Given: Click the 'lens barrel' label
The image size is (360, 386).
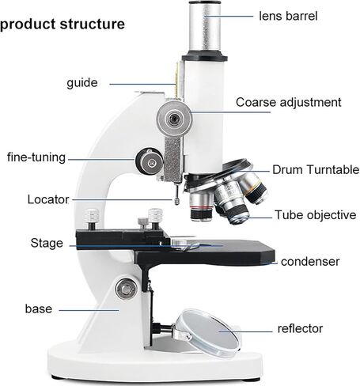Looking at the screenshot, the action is tap(288, 16).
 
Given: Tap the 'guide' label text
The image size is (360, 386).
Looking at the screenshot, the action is tap(82, 83).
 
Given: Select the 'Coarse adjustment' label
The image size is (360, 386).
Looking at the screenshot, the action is tap(289, 102).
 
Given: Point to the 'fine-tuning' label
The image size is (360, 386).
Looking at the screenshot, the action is tap(36, 157).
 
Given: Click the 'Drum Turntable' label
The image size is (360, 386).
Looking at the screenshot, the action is tap(316, 169).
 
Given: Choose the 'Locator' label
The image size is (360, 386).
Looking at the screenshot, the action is tap(48, 199).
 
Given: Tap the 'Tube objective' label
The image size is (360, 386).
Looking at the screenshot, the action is tap(316, 215).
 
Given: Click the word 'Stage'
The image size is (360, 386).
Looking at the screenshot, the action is tap(47, 243).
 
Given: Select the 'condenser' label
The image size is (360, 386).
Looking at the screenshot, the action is tap(310, 262).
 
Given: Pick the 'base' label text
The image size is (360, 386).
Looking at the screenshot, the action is tap(39, 308).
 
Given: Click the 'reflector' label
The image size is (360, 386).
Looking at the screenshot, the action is tap(300, 329).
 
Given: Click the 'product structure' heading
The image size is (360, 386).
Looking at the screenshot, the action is tap(63, 25).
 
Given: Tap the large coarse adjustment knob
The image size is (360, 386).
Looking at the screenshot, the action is tap(174, 119).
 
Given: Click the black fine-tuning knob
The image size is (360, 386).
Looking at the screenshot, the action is tap(149, 161).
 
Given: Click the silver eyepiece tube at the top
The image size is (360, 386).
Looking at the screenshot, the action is tap(205, 26).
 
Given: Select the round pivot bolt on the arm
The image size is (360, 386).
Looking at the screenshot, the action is tap(126, 289).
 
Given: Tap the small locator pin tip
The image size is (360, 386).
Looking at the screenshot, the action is tap(176, 201).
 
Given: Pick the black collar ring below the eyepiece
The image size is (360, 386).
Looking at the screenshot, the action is tap(205, 57).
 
